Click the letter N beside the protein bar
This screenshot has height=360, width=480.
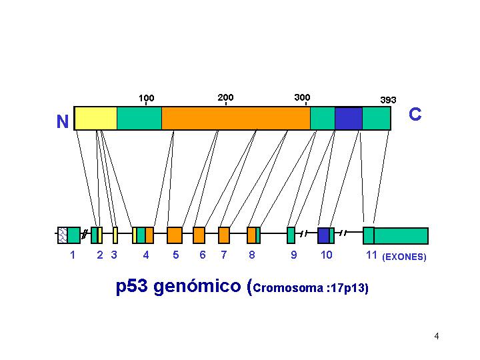pos(63,121)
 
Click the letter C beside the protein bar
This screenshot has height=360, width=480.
pos(415,114)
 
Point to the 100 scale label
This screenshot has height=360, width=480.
pos(146,98)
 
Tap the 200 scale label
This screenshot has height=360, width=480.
pos(225,97)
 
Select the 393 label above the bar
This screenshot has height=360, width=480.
pos(388,100)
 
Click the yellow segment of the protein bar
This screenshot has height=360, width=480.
pos(96,118)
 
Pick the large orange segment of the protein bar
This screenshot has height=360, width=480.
pos(236,118)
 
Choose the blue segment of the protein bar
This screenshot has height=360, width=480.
pos(349,118)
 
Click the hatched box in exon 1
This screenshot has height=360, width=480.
pos(63,235)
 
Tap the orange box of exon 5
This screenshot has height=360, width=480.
pos(175,235)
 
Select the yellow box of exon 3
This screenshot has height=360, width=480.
pos(115,235)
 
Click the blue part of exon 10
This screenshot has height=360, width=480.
pos(323,235)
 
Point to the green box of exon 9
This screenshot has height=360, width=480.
pos(291,235)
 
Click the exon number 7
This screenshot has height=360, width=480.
pos(224,255)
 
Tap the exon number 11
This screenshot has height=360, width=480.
pos(371,255)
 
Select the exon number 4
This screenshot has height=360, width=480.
pos(146,255)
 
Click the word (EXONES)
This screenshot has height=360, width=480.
pos(404,257)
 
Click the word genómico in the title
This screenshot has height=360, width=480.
pos(197,286)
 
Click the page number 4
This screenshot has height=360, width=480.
pos(437,336)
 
